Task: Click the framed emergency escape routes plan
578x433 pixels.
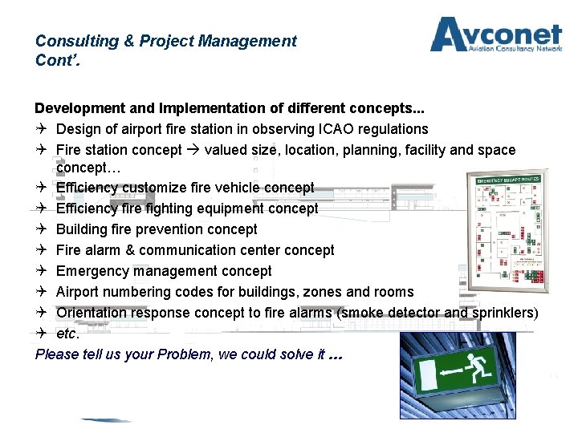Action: pyautogui.click(x=507, y=232)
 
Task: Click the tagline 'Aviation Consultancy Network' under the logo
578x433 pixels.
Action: pyautogui.click(x=515, y=49)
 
